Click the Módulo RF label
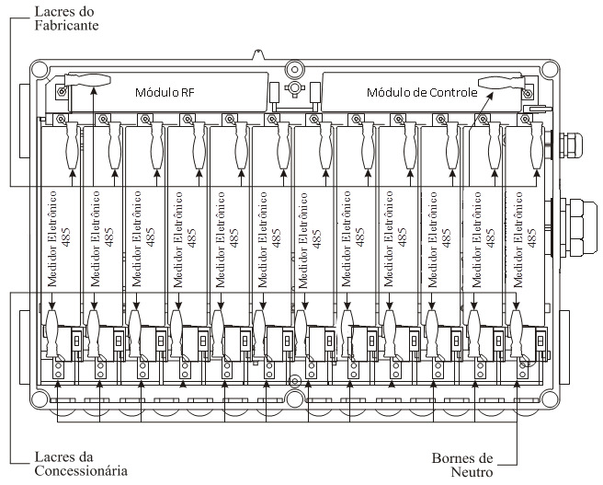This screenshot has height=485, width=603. point(165,92)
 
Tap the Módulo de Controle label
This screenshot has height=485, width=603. point(422,92)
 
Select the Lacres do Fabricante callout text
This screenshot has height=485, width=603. point(66,18)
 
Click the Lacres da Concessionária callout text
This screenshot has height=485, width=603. point(81,464)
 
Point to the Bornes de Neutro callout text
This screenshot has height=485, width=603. point(462,465)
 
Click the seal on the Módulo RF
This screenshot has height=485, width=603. point(87,80)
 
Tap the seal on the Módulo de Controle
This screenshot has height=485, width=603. point(502,82)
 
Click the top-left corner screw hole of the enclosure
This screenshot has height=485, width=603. point(40,69)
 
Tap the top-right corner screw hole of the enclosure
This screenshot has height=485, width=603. point(549,69)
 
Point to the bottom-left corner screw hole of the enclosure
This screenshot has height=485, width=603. point(40,399)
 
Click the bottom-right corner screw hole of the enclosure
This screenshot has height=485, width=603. point(549,399)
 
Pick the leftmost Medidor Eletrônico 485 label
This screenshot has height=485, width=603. point(59,239)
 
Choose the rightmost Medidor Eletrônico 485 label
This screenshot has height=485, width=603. point(525,239)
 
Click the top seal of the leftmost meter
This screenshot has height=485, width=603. point(73,145)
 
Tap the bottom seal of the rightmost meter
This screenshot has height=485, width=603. point(517,333)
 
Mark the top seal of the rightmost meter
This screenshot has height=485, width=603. point(537,145)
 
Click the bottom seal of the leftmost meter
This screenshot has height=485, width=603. point(51,333)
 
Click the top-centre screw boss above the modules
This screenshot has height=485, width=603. point(294,70)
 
